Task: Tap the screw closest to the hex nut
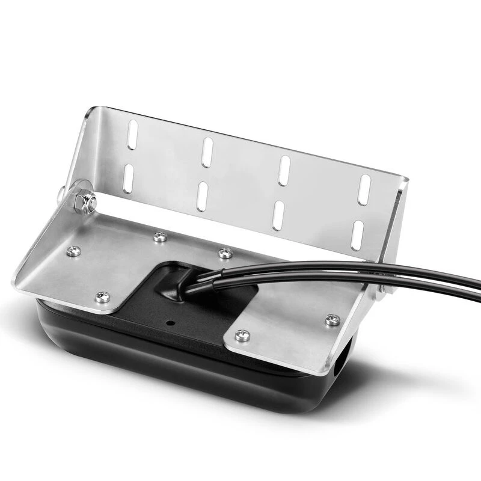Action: (75, 251)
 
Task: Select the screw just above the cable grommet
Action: (225, 253)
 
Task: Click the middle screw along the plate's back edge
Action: (159, 237)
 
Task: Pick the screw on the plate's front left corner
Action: (102, 296)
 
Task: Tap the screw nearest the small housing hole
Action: (242, 335)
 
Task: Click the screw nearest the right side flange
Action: (332, 320)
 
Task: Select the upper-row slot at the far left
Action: (133, 135)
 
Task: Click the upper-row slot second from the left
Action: (207, 152)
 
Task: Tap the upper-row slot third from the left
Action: (284, 170)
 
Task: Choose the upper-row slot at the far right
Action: (364, 189)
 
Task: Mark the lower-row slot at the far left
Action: (128, 178)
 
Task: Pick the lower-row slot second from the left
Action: (202, 196)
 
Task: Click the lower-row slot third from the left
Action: (278, 215)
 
